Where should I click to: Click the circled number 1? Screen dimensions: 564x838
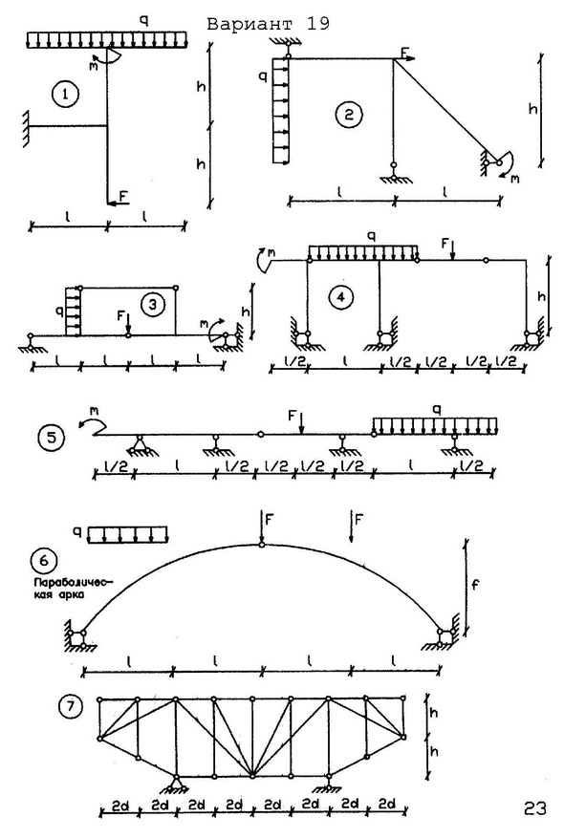click(x=65, y=96)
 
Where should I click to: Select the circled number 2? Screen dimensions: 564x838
click(x=349, y=115)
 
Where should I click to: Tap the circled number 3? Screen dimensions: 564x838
click(x=152, y=305)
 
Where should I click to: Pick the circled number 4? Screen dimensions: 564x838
click(x=340, y=298)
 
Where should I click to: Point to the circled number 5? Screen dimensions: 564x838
click(x=52, y=438)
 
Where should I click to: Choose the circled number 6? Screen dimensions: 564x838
click(x=44, y=560)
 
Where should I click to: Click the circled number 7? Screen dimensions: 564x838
click(x=71, y=707)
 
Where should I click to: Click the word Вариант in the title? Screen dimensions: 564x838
click(x=249, y=24)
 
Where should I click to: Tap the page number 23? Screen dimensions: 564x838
click(x=534, y=808)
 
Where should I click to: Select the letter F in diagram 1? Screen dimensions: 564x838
click(x=123, y=196)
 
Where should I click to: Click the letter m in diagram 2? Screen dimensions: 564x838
click(x=514, y=179)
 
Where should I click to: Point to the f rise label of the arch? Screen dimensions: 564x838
click(x=474, y=584)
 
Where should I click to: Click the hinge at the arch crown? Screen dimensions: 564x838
click(x=261, y=545)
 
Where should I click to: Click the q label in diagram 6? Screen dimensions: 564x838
click(x=78, y=532)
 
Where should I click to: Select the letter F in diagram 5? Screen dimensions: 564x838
click(x=292, y=416)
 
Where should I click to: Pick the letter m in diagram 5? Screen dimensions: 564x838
click(x=94, y=411)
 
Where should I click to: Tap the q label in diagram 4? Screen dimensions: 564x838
click(x=372, y=236)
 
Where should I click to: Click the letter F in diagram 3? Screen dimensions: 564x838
click(x=120, y=316)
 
